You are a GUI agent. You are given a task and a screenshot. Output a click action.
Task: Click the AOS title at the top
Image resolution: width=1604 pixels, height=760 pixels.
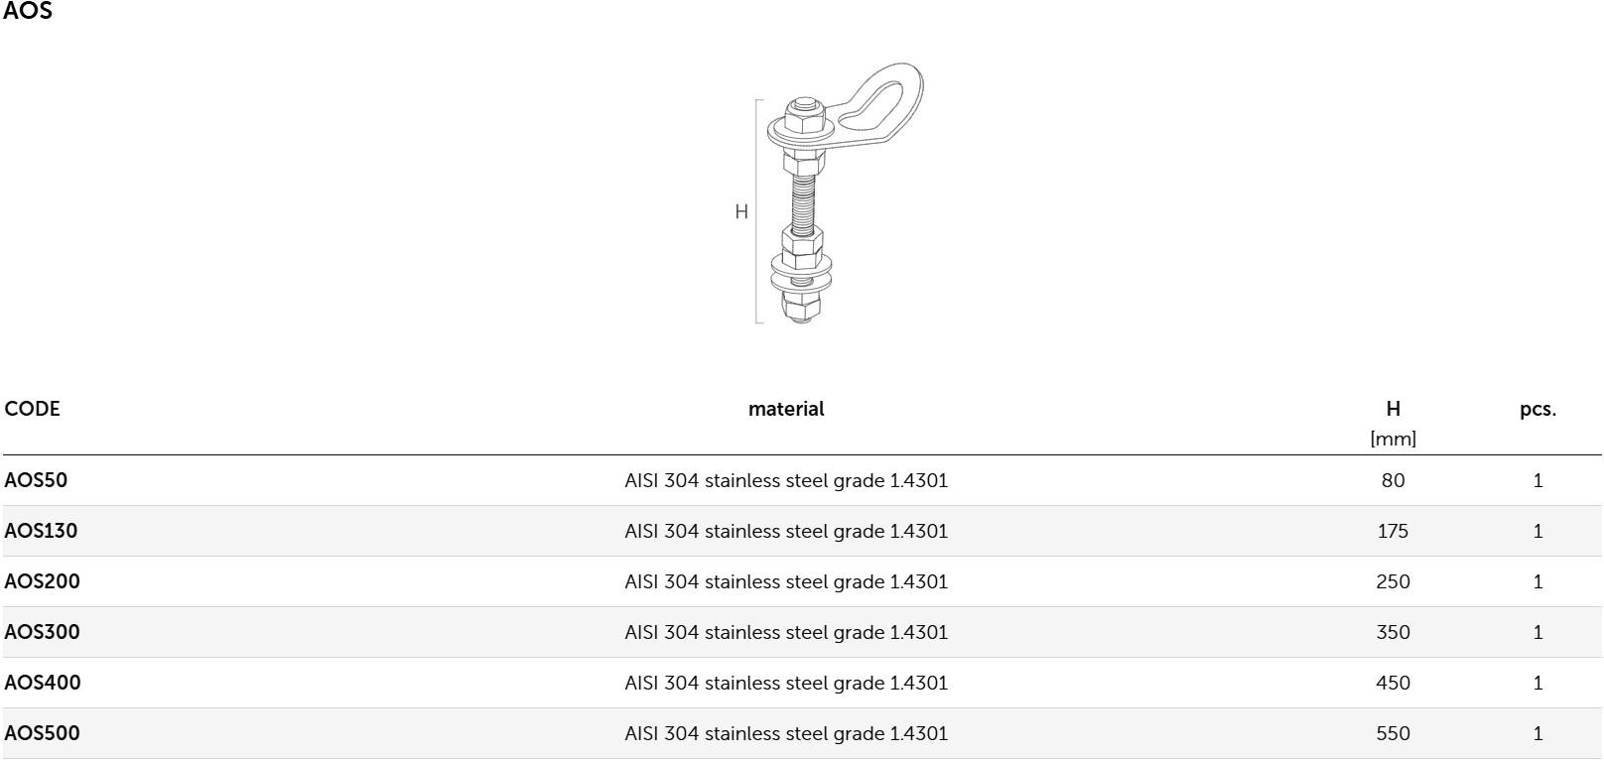click(28, 11)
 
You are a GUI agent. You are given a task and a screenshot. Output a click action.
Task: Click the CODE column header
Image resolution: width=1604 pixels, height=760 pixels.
click(32, 409)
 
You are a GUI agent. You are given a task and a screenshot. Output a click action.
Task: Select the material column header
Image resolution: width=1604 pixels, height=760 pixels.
click(786, 409)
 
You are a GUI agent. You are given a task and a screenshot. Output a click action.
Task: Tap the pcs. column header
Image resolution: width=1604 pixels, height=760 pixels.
click(1538, 410)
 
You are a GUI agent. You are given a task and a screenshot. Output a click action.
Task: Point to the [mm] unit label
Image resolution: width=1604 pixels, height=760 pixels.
click(1393, 438)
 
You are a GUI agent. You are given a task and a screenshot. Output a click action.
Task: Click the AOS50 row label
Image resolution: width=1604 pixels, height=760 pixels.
click(36, 479)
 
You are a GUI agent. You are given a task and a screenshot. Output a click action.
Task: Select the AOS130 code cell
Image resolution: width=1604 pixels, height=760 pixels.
click(41, 530)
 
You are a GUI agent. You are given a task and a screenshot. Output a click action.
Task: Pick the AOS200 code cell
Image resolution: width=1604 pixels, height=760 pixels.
click(43, 581)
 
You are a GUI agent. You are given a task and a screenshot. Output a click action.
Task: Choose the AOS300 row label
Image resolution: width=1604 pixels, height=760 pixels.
click(43, 632)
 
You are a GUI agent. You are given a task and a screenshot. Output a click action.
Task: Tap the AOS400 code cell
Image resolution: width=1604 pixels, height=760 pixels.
click(43, 682)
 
